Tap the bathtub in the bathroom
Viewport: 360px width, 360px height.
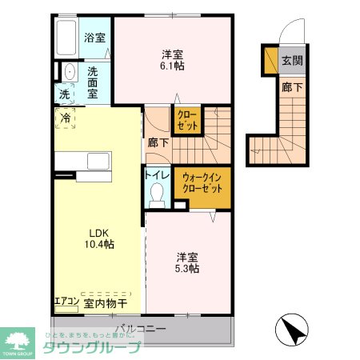[67, 37]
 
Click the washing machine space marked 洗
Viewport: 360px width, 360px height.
[64, 94]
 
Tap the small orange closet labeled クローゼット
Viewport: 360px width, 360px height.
[187, 120]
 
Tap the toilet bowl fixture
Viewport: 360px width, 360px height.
[158, 193]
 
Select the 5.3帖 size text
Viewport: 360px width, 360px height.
[188, 269]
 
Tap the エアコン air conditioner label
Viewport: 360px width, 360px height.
[66, 302]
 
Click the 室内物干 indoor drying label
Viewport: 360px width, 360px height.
[104, 303]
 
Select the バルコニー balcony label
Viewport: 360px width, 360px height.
[139, 328]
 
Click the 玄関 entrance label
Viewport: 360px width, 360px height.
[291, 60]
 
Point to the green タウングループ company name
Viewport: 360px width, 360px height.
[90, 347]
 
